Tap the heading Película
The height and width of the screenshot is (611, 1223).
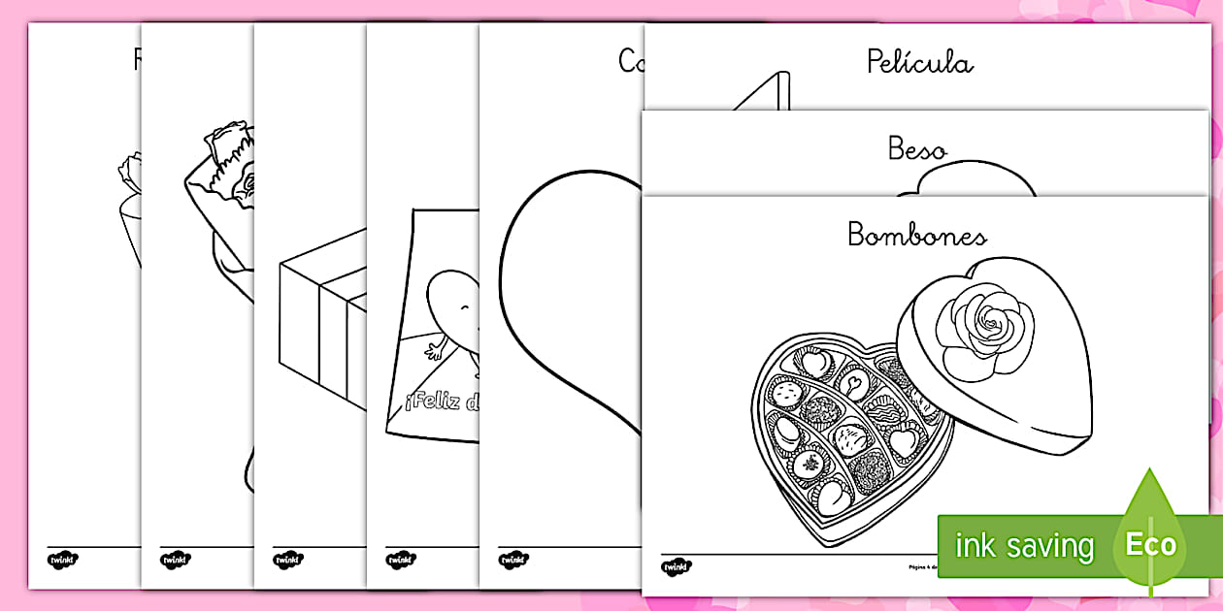[x=919, y=63]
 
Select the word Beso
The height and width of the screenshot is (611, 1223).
[x=917, y=148]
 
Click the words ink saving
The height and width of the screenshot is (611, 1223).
[x=1024, y=546]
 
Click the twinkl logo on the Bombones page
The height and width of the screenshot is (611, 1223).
[x=678, y=565]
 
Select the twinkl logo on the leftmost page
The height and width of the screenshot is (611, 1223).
[x=62, y=559]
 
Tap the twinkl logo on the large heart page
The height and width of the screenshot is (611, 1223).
[x=514, y=560]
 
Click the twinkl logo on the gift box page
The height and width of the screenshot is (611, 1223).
[x=288, y=560]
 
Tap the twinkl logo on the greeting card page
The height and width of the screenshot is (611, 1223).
[x=401, y=560]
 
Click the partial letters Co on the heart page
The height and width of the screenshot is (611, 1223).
[x=632, y=61]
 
